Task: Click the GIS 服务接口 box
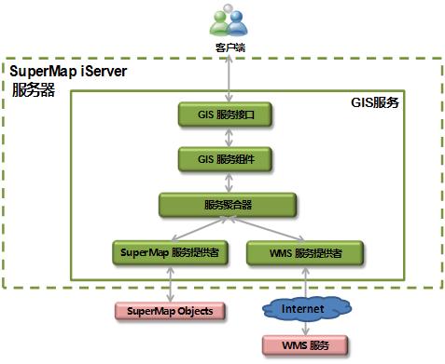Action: click(225, 115)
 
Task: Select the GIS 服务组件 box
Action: click(225, 159)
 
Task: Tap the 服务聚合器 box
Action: click(228, 205)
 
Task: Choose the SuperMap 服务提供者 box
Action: click(170, 252)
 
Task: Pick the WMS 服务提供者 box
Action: click(305, 253)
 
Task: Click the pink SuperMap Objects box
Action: click(170, 311)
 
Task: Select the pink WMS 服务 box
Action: click(305, 345)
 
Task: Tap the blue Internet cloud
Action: click(306, 308)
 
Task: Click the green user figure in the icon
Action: click(220, 23)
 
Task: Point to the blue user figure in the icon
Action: click(237, 23)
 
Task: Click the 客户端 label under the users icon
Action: click(230, 47)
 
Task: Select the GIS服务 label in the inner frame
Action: click(375, 102)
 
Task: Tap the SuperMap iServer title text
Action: click(68, 72)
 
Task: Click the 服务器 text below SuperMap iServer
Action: click(34, 90)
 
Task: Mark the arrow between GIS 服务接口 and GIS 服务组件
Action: click(229, 137)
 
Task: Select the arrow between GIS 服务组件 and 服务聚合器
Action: click(229, 182)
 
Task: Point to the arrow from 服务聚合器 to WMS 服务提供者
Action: click(266, 229)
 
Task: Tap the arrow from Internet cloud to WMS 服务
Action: click(306, 329)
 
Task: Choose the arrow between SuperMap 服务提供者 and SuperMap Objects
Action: click(170, 284)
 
